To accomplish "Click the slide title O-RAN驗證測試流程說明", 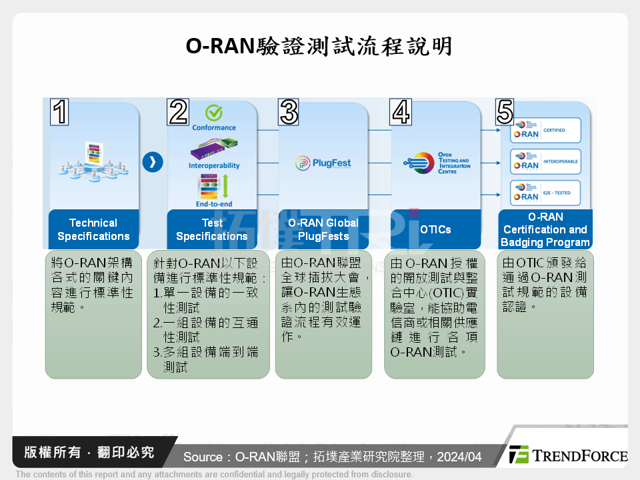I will point(319,46).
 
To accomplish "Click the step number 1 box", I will point(60,112).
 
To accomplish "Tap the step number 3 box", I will point(289,112).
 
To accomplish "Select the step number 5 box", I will point(505,112).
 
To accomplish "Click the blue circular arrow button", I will point(153,162).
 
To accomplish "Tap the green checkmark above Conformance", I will point(214,113).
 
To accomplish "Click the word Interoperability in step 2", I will point(214,165).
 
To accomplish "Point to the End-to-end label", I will point(214,204).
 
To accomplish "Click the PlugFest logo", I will point(323,163).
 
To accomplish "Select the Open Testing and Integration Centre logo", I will point(436,163).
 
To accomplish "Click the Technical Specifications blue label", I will point(93,229).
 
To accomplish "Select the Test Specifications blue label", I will point(212,229).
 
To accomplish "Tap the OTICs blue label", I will point(435,229).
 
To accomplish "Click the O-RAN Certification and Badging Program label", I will point(545,229).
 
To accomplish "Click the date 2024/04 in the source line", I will point(460,457).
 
